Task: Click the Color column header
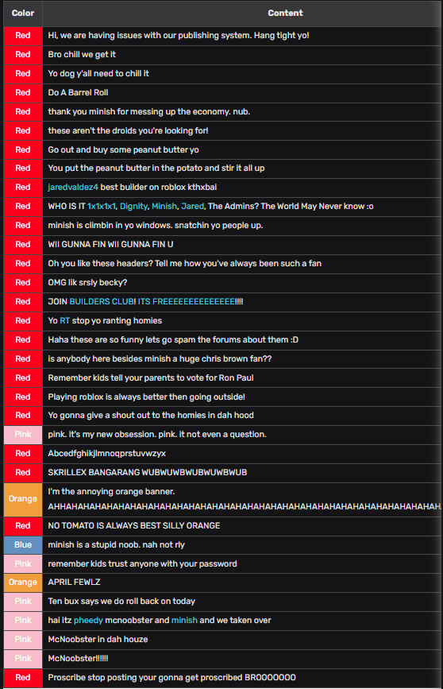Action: point(22,13)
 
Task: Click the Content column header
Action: point(285,13)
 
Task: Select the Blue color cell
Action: point(22,544)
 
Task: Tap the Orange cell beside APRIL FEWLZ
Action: point(22,582)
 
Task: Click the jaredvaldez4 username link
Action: point(72,188)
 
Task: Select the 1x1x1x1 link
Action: point(102,207)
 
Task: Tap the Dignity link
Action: point(133,207)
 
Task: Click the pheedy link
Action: point(88,620)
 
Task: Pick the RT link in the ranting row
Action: point(64,321)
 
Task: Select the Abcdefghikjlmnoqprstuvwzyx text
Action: point(106,453)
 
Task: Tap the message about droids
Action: point(128,130)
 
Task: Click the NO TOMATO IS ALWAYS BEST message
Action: point(134,525)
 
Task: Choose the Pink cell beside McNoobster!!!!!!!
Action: point(22,658)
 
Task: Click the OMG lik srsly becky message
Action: point(87,283)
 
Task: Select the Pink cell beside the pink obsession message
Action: point(22,435)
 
